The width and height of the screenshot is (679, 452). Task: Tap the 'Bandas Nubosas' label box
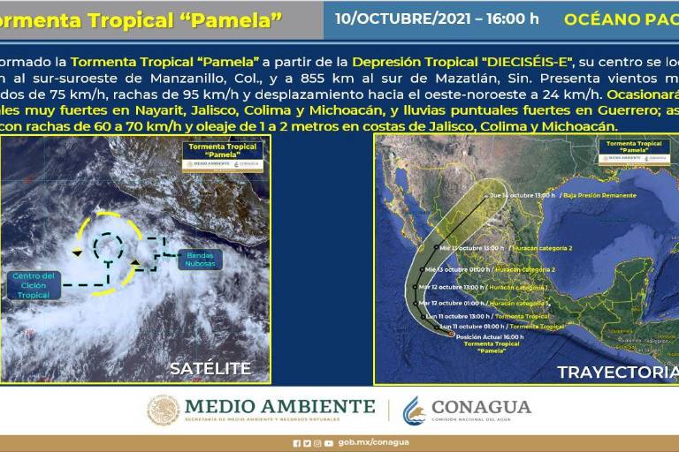pos(204,260)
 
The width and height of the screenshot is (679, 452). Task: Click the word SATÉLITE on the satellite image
pos(210,368)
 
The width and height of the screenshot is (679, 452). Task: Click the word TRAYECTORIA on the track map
pos(617,372)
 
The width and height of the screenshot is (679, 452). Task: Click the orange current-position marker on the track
pos(452,335)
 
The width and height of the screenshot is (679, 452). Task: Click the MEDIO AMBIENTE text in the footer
pos(279,406)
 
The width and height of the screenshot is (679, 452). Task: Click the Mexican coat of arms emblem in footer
pos(163,411)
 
